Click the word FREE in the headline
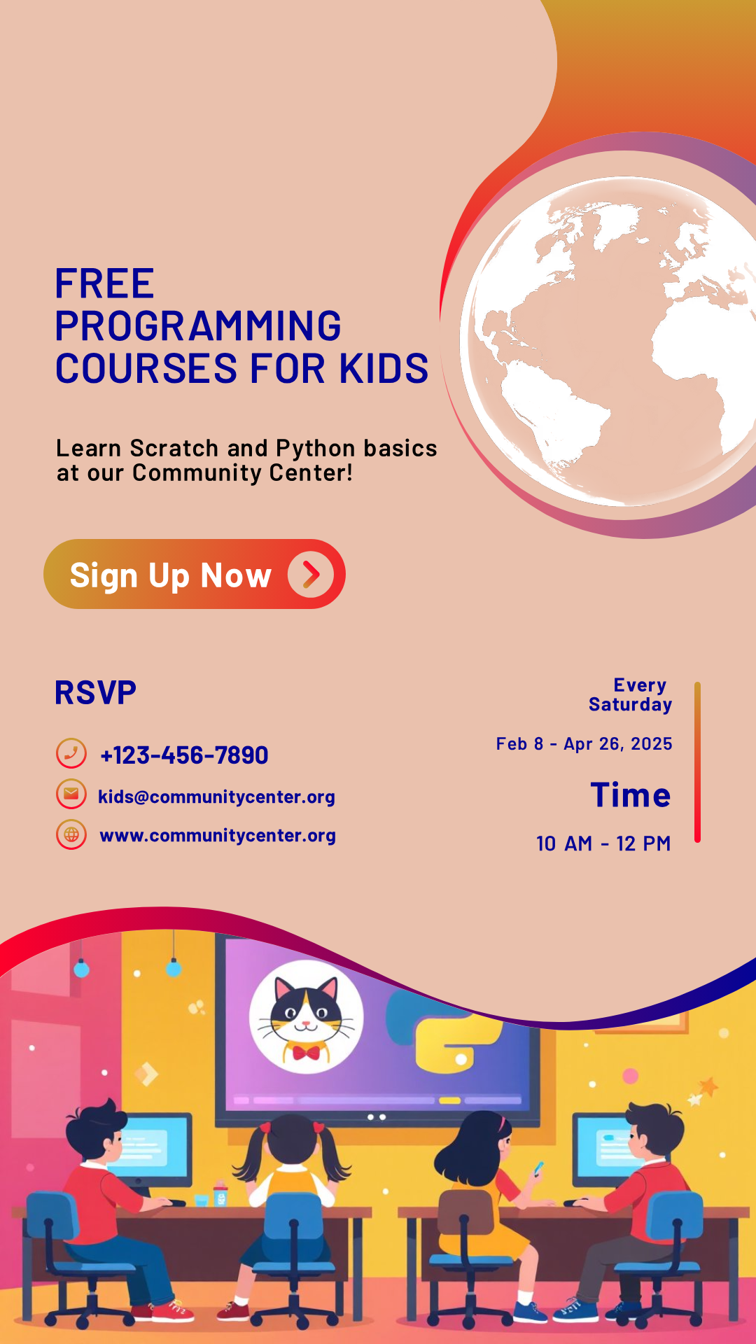pyautogui.click(x=105, y=283)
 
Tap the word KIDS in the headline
pyautogui.click(x=384, y=368)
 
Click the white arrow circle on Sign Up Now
pyautogui.click(x=311, y=575)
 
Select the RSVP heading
pyautogui.click(x=95, y=693)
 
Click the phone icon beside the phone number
pyautogui.click(x=71, y=754)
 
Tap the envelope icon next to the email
pyautogui.click(x=71, y=794)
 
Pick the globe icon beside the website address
pyautogui.click(x=71, y=834)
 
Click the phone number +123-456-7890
pyautogui.click(x=184, y=755)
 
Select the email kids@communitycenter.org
pyautogui.click(x=216, y=797)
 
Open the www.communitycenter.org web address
pyautogui.click(x=218, y=835)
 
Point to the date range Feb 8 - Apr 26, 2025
pyautogui.click(x=584, y=744)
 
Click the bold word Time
pyautogui.click(x=631, y=795)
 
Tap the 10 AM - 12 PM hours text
pyautogui.click(x=603, y=843)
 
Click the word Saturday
pyautogui.click(x=630, y=704)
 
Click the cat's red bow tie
pyautogui.click(x=306, y=1052)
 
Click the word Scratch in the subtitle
pyautogui.click(x=174, y=448)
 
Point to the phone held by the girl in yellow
pyautogui.click(x=538, y=1168)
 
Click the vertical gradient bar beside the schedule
pyautogui.click(x=697, y=762)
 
